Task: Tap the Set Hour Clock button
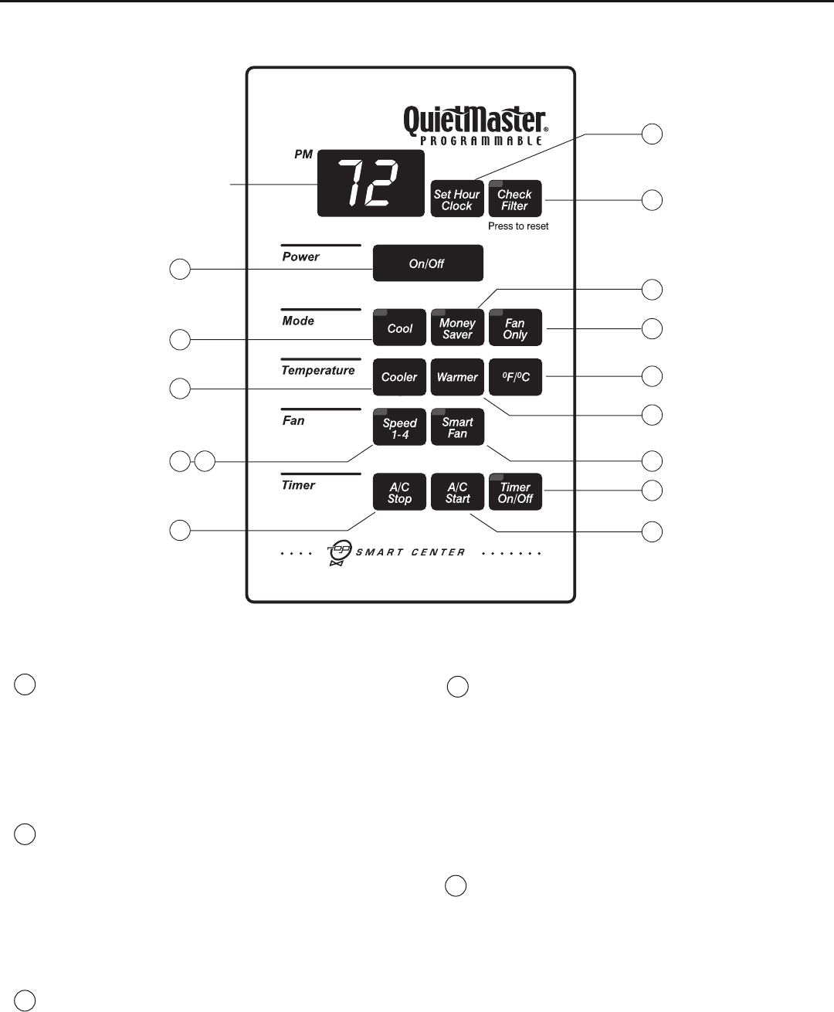click(x=457, y=199)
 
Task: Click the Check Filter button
click(x=515, y=199)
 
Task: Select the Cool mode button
click(x=399, y=328)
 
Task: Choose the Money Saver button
click(x=457, y=328)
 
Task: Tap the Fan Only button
click(x=515, y=328)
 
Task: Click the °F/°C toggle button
click(x=515, y=377)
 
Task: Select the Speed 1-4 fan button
click(x=399, y=427)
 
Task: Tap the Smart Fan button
click(x=457, y=427)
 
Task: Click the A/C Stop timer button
click(x=399, y=492)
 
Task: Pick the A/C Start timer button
click(x=457, y=492)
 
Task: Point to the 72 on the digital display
click(x=371, y=184)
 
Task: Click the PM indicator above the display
click(x=303, y=155)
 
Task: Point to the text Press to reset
click(x=518, y=226)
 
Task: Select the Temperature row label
click(x=317, y=371)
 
